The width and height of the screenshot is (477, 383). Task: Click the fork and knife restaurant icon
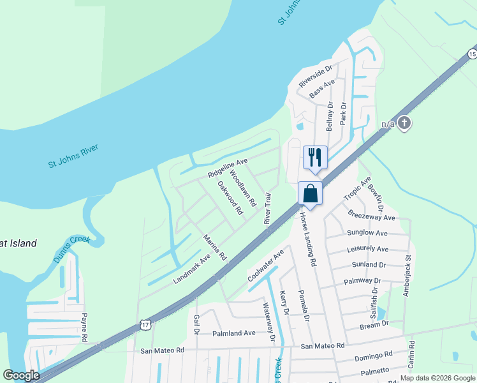click(314, 157)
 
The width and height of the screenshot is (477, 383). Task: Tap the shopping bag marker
click(310, 193)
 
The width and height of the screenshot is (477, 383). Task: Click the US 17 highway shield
click(146, 326)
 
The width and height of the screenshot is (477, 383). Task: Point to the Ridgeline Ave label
click(228, 169)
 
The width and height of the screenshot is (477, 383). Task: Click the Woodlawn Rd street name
click(242, 188)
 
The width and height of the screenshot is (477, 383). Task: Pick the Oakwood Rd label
click(230, 197)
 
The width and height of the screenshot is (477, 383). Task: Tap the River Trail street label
click(268, 208)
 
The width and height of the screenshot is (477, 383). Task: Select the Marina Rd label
click(215, 247)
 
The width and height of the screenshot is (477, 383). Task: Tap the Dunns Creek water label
click(71, 247)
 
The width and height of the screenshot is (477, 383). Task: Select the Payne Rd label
click(84, 326)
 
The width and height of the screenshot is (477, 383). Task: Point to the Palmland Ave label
click(234, 333)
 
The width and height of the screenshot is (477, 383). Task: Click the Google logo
click(21, 375)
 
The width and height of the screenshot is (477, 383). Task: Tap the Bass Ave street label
click(322, 89)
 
